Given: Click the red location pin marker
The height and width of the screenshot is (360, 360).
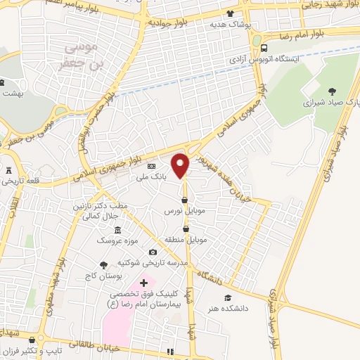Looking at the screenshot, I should (x=181, y=165).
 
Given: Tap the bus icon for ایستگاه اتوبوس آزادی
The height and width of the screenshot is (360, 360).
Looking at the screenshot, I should (x=263, y=49).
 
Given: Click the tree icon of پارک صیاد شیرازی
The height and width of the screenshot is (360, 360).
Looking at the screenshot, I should (x=332, y=91).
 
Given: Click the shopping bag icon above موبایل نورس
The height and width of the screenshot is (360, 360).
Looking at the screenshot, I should (x=184, y=200).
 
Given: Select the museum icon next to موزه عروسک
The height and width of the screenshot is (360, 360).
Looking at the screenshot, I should (x=117, y=231).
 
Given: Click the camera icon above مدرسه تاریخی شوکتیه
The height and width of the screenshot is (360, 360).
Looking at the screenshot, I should (x=153, y=252).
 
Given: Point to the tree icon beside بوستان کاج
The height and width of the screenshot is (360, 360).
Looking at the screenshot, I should (x=104, y=265).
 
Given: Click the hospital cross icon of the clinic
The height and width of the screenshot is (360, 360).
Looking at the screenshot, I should (x=144, y=283).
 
